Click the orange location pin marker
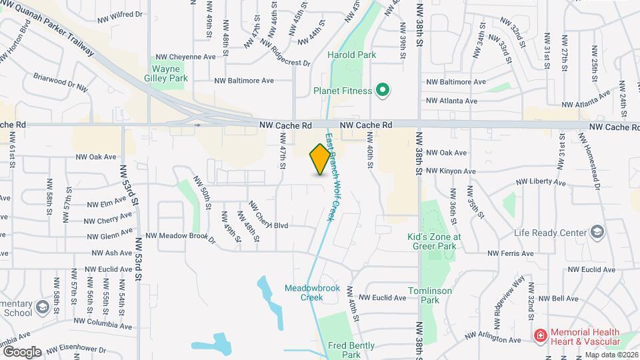coord(320,159)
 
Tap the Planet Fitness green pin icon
coord(383,90)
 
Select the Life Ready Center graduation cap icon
coord(597,232)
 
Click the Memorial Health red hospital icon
coord(541,335)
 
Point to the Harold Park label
coord(352,55)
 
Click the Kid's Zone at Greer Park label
coord(434,241)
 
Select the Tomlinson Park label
coord(431,295)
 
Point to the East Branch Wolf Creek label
coord(330,177)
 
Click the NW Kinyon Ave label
coord(451,171)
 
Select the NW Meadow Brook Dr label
coord(181,236)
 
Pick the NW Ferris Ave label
coord(511,253)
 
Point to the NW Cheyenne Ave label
coord(185,57)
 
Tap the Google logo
coord(22,352)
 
